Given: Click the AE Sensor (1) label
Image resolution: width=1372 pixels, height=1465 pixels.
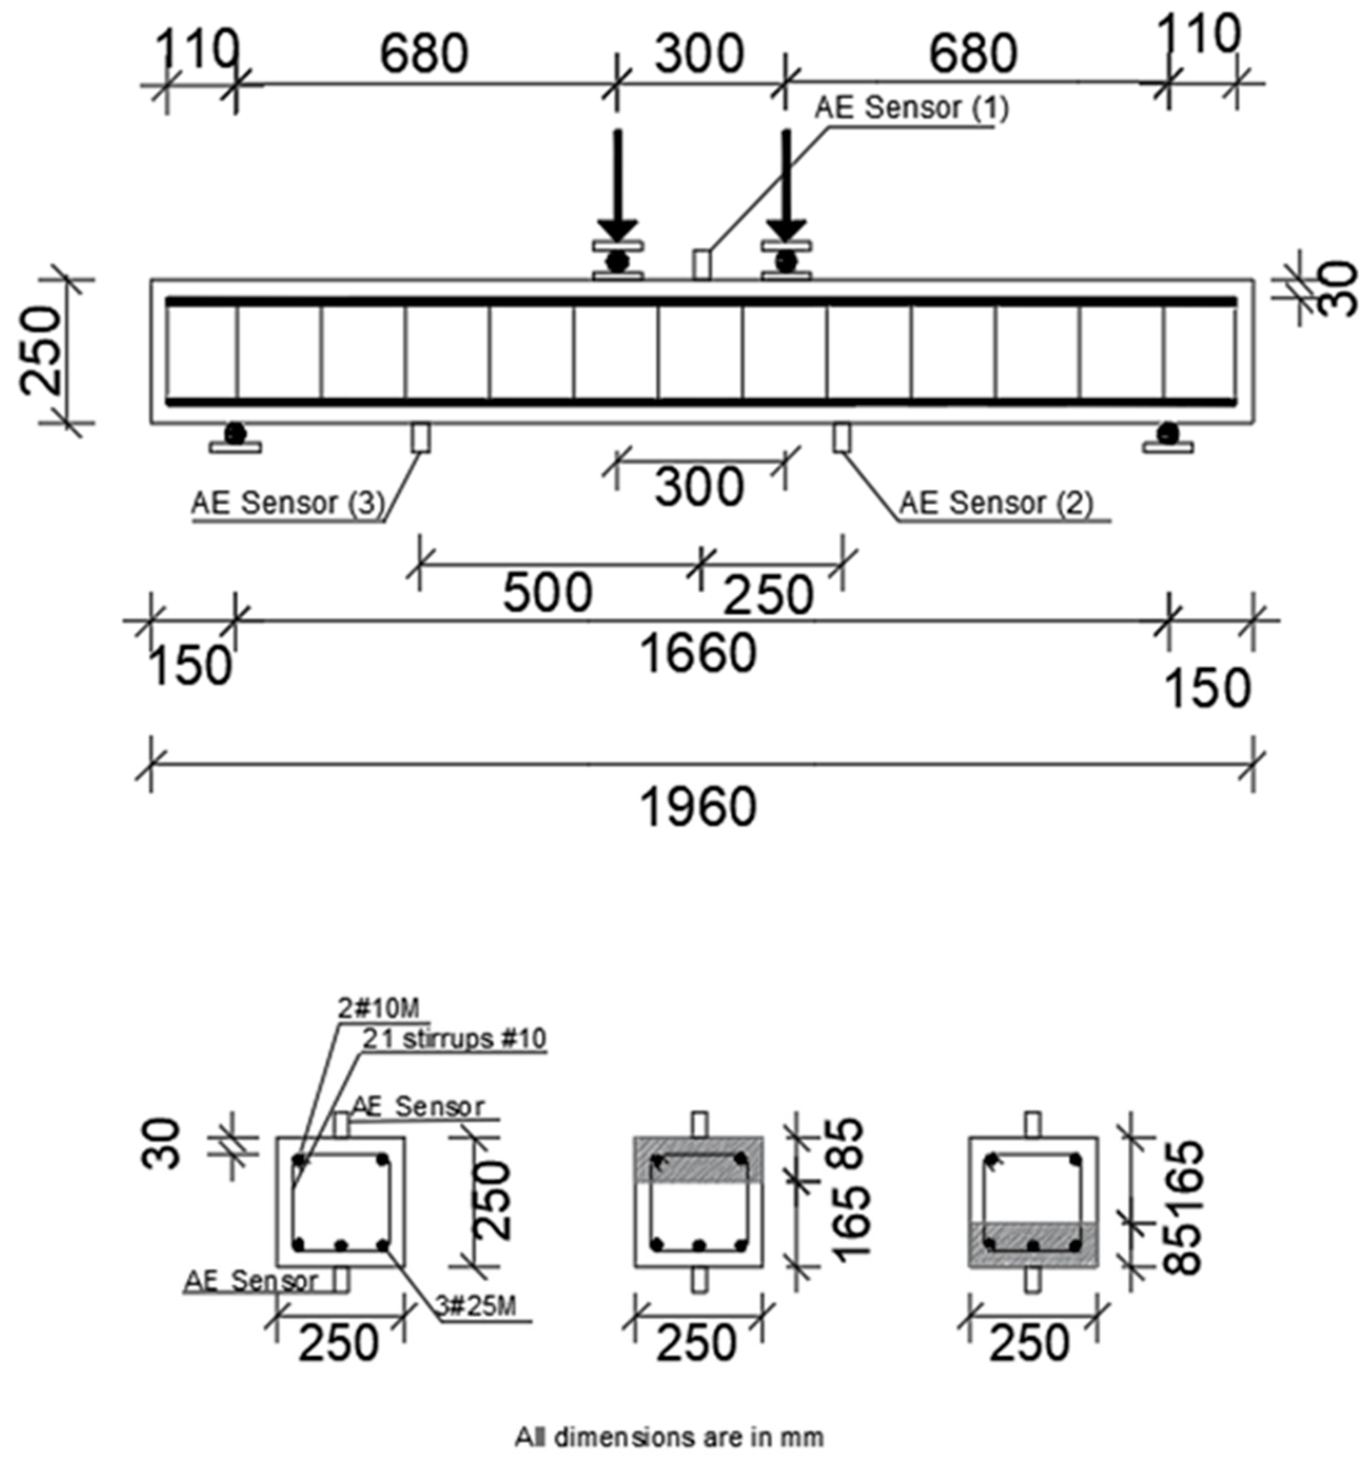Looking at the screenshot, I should (x=911, y=108).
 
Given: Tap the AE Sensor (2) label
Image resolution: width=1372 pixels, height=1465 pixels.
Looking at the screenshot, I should (x=996, y=503).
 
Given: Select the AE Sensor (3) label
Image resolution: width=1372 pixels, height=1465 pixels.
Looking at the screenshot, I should (x=288, y=503).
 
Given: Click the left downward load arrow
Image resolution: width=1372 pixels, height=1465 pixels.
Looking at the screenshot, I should (x=618, y=184).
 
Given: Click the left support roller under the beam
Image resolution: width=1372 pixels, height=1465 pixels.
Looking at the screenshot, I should (x=234, y=432).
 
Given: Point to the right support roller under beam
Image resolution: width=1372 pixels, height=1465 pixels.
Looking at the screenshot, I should (x=1167, y=432).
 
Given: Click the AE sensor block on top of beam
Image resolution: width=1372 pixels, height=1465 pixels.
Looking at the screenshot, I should (x=701, y=265).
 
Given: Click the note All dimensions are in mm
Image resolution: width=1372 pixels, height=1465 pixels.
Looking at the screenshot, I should (x=669, y=1436).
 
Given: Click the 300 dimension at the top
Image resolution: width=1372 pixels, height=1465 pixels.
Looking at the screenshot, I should (x=699, y=55).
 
